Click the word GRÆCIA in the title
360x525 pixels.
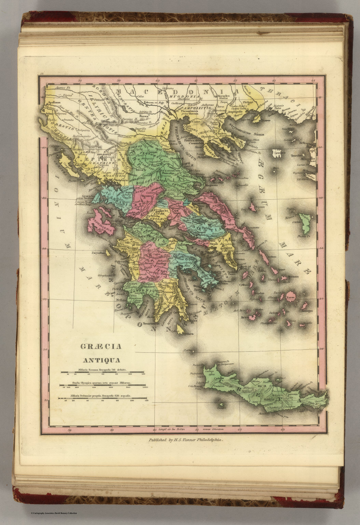[101, 347]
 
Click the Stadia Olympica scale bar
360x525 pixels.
[104, 386]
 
